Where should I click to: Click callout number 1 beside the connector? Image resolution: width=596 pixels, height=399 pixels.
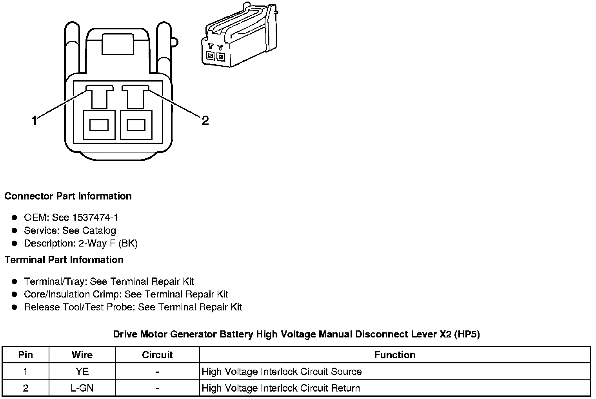tap(35, 120)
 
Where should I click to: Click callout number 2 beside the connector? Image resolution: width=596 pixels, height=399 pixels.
tap(205, 120)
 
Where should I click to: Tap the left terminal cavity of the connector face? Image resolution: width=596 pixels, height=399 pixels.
tap(99, 125)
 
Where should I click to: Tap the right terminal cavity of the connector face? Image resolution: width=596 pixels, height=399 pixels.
tap(136, 125)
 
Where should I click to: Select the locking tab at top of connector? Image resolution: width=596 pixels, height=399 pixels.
tap(118, 44)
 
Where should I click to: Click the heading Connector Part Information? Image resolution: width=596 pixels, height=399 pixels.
tap(68, 196)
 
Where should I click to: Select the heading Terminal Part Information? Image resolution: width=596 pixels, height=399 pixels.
tap(64, 260)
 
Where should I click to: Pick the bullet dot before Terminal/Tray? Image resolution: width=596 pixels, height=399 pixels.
tap(15, 281)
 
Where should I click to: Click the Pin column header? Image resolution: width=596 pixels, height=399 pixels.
tap(26, 355)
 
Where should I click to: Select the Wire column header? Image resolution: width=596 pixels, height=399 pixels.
tap(82, 355)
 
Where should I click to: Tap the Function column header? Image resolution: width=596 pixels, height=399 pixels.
tap(394, 355)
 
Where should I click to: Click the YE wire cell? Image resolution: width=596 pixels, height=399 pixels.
tap(82, 372)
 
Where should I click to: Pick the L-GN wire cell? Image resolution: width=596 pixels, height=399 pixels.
tap(82, 388)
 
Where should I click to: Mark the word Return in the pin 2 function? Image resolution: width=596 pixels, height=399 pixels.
tap(346, 388)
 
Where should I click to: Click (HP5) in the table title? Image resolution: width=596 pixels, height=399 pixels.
tap(467, 334)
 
